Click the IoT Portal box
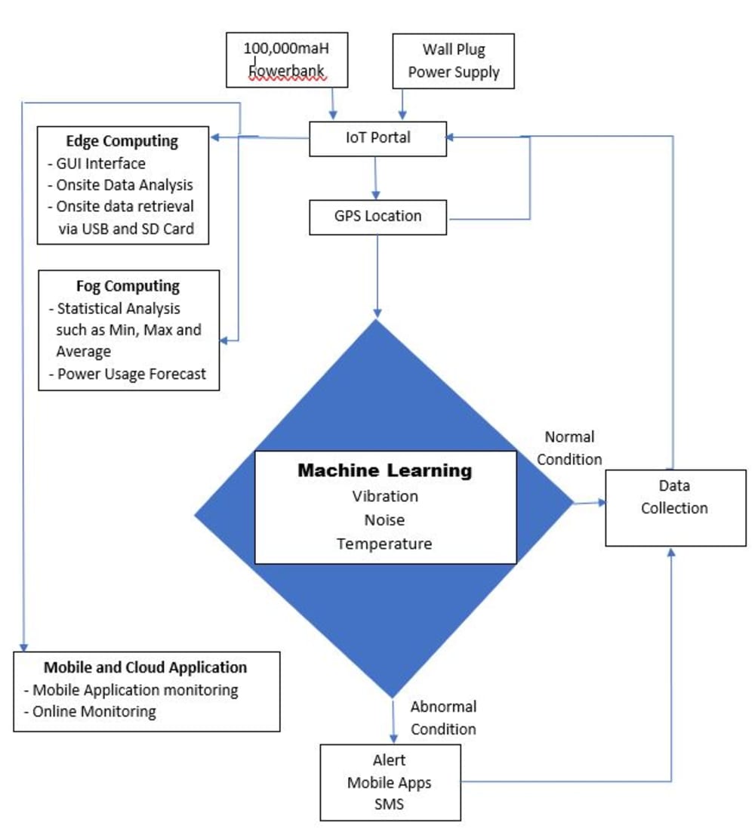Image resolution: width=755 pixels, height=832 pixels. click(377, 138)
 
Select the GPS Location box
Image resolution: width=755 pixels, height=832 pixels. click(378, 217)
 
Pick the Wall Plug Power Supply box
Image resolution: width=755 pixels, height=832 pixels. click(454, 60)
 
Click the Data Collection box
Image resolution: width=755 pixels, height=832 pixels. click(675, 507)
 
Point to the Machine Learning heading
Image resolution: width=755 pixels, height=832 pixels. click(384, 471)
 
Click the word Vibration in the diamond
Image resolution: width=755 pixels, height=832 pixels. click(385, 496)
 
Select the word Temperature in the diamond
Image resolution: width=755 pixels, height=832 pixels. click(385, 544)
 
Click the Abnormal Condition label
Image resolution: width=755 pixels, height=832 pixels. click(443, 718)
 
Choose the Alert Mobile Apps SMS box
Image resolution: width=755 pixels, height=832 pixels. click(390, 782)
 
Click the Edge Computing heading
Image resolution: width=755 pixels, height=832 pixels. click(122, 141)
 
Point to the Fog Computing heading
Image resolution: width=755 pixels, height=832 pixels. click(128, 286)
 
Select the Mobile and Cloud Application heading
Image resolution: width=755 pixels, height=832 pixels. click(145, 667)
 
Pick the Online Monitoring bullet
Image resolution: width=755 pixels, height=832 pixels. click(94, 711)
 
